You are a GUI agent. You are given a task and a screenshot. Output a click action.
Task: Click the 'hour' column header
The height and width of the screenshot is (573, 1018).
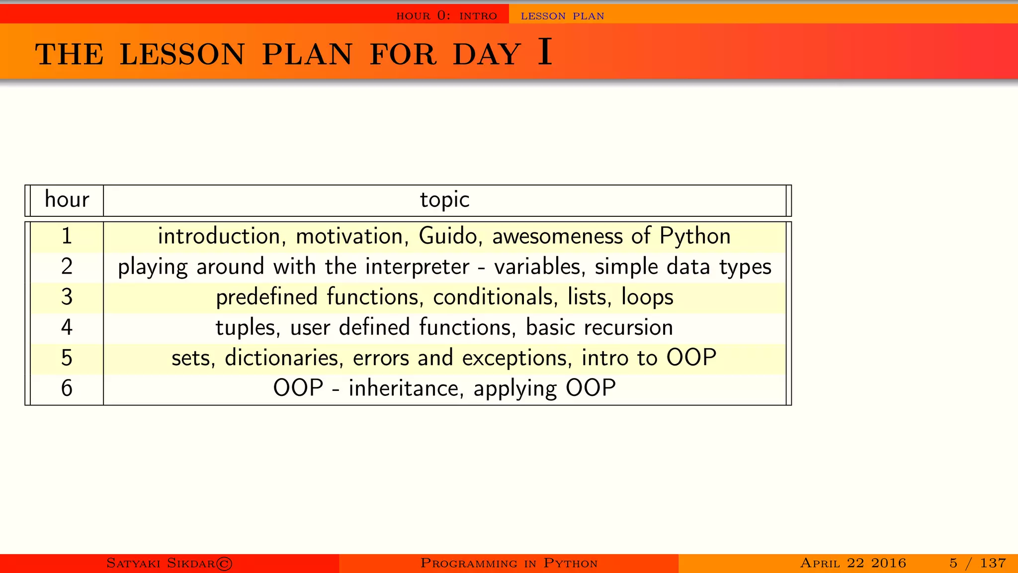point(67,200)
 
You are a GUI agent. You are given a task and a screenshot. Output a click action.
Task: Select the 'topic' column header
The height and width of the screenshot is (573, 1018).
point(444,200)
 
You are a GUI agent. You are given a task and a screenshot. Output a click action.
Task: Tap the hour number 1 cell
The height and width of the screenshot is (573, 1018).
point(67,236)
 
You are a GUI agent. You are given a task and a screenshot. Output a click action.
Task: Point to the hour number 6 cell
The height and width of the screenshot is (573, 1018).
point(67,388)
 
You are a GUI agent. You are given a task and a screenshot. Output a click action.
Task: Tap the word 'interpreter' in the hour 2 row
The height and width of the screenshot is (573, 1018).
point(417,267)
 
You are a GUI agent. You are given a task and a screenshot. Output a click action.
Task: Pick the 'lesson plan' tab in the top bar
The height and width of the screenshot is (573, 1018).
point(562,16)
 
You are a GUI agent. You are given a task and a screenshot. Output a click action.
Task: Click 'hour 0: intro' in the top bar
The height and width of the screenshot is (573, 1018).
point(446,16)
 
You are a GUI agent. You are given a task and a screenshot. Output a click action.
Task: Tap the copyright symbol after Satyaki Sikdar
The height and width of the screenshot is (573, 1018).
point(224,564)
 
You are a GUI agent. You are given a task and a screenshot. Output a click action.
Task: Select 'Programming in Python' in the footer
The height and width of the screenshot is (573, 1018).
point(509,563)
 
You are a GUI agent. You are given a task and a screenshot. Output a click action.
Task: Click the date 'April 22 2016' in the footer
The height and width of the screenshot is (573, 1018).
point(853,563)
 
